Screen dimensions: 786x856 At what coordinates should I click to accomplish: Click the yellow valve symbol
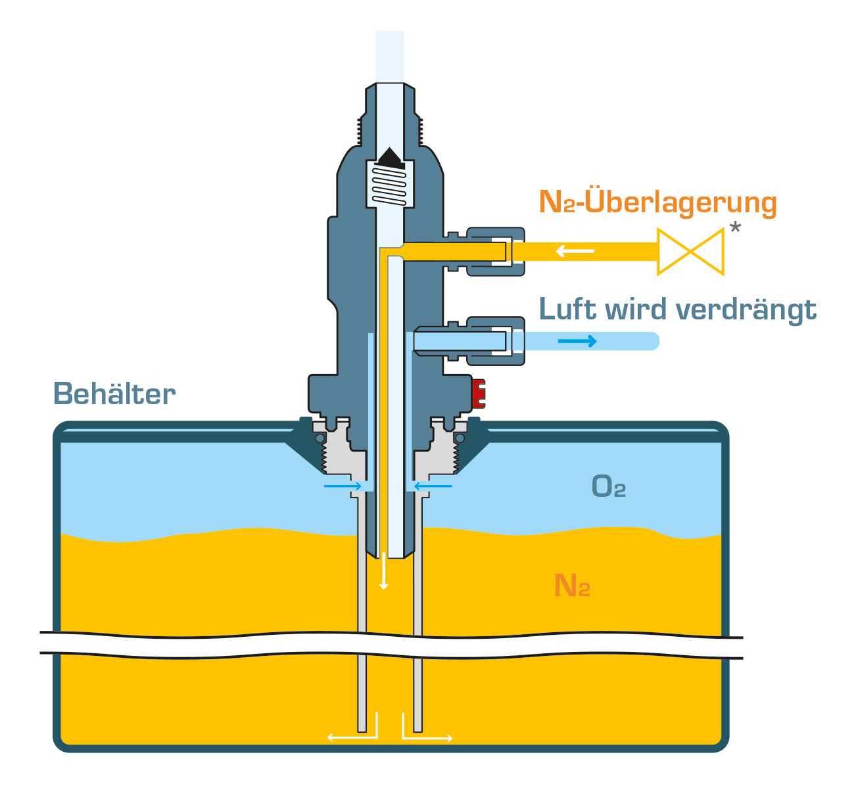click(690, 252)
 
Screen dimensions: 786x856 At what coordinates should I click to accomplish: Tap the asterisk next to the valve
click(735, 229)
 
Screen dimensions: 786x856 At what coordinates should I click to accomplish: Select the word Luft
click(567, 308)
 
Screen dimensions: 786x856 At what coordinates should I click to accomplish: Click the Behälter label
click(114, 394)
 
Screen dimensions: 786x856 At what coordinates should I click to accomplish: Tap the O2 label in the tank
click(608, 486)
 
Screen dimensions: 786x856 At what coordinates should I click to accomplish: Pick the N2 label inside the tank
click(572, 585)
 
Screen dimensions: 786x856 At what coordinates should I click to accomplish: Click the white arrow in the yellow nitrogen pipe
click(575, 251)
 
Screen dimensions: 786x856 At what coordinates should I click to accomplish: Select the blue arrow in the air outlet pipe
click(577, 340)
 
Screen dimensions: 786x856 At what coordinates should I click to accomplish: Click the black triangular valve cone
click(390, 158)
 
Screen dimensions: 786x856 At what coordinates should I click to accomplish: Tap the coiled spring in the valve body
click(389, 186)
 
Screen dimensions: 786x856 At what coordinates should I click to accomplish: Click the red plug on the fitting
click(479, 393)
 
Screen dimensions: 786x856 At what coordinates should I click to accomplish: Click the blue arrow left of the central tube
click(343, 486)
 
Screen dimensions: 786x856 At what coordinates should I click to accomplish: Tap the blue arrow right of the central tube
click(433, 486)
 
